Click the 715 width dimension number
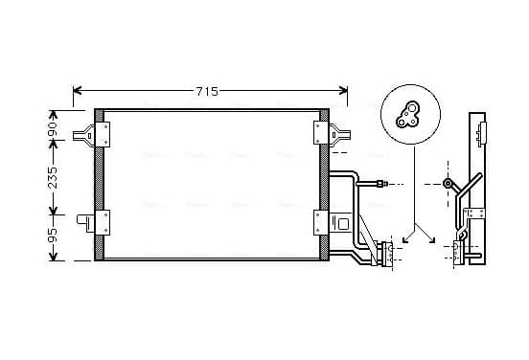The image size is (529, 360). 208,91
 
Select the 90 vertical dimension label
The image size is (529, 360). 53,128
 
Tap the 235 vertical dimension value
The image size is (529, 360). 53,177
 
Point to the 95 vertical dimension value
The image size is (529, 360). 53,236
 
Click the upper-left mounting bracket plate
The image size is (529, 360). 103,134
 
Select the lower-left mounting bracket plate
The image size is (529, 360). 103,222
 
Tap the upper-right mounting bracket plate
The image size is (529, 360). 321,133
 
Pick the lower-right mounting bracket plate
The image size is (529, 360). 321,222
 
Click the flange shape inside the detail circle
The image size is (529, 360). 407,115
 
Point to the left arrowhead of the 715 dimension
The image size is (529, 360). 78,90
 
